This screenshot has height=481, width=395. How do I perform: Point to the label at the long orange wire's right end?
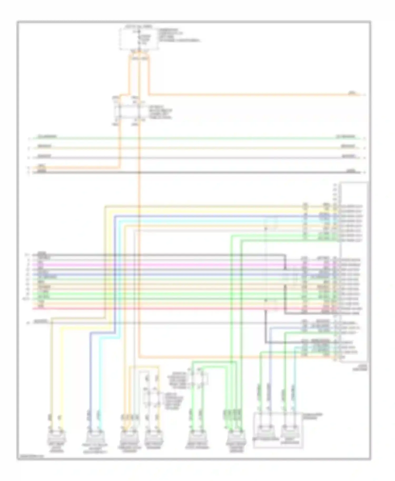tap(352, 93)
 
